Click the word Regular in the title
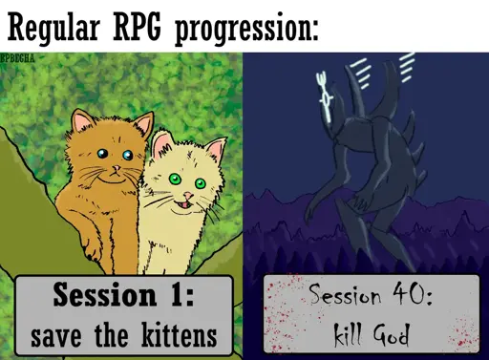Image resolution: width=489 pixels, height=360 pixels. pyautogui.click(x=53, y=28)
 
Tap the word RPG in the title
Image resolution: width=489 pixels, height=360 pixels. pyautogui.click(x=138, y=27)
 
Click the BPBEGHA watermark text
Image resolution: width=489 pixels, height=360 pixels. pyautogui.click(x=18, y=58)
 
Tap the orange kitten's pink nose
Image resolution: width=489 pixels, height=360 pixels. pyautogui.click(x=117, y=168)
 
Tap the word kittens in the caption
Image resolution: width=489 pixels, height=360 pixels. pyautogui.click(x=180, y=335)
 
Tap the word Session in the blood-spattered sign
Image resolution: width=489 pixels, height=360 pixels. pyautogui.click(x=345, y=293)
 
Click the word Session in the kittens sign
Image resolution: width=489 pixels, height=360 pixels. pyautogui.click(x=105, y=294)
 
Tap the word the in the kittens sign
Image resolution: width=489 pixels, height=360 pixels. pyautogui.click(x=112, y=335)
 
